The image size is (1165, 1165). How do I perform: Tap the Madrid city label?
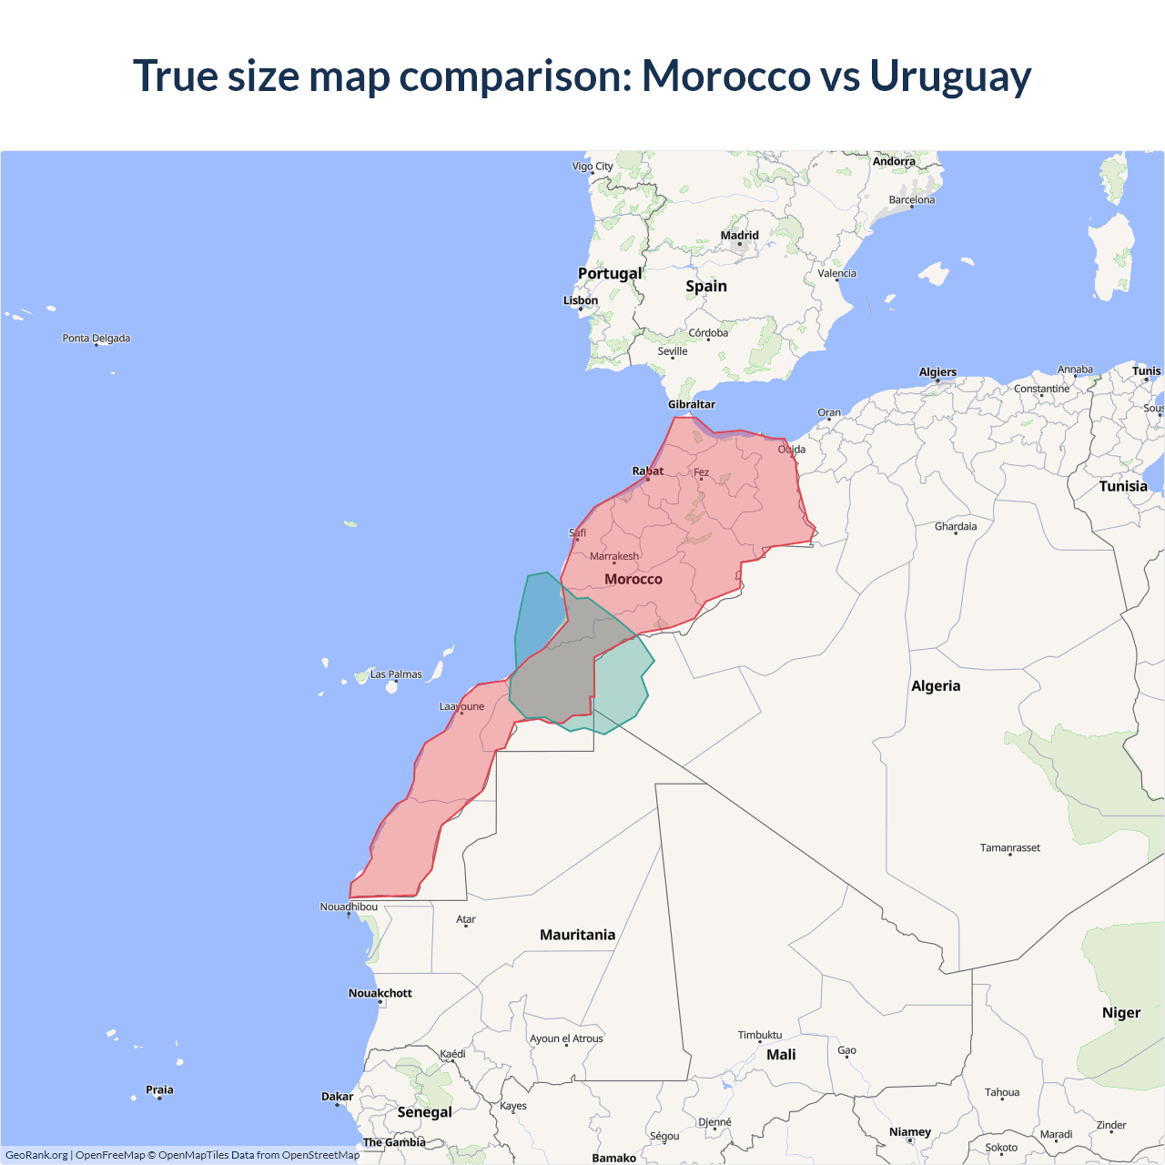(x=739, y=236)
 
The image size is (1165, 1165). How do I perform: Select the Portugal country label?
(x=610, y=273)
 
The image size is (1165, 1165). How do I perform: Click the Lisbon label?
(x=581, y=300)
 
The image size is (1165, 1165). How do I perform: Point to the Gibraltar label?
(x=692, y=404)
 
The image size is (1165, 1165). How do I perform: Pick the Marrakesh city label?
(x=614, y=556)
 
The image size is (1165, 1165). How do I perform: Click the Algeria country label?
(x=936, y=686)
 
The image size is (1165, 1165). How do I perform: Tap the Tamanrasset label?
(x=1009, y=847)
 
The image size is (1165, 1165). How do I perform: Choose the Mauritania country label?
(x=577, y=935)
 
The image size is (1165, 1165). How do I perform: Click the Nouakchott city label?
(x=380, y=993)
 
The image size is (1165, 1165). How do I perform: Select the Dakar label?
(x=337, y=1097)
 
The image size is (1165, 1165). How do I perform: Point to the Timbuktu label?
(x=760, y=1035)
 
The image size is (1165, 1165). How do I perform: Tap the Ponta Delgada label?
(x=96, y=339)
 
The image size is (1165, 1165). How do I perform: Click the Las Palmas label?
(x=396, y=674)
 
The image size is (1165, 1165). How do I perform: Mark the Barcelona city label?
(x=911, y=200)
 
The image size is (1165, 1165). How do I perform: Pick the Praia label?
(x=159, y=1089)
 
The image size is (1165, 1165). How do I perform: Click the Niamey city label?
(x=910, y=1132)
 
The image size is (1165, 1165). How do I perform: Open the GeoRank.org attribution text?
(x=36, y=1155)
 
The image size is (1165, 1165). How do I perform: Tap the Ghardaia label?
(x=956, y=526)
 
